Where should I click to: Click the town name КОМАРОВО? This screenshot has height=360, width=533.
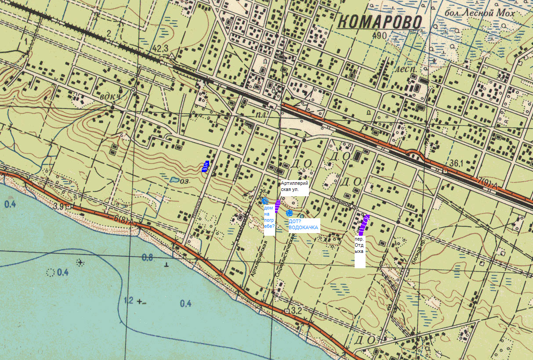pos(381,22)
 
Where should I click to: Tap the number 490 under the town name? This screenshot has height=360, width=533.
pos(378,36)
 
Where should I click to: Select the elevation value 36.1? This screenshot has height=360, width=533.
pos(457,163)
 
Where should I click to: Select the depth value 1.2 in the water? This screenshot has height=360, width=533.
pos(128,300)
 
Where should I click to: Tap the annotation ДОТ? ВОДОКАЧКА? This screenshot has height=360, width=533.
pos(303,225)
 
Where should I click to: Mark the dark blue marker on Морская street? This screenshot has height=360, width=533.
pos(205,166)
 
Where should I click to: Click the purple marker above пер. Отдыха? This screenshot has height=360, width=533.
pos(364,225)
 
